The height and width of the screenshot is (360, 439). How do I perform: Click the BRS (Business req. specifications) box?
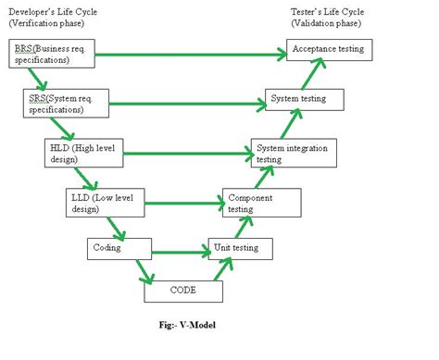pyautogui.click(x=51, y=53)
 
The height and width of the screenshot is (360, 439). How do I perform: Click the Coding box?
pyautogui.click(x=117, y=247)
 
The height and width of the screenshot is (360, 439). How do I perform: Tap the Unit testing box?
pyautogui.click(x=244, y=247)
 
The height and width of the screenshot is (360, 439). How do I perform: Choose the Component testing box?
pyautogui.click(x=261, y=203)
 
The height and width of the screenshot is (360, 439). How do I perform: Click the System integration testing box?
pyautogui.click(x=289, y=153)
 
